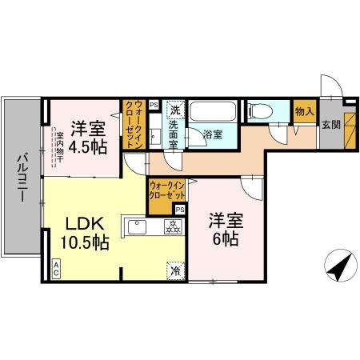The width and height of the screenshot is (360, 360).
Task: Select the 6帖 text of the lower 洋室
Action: [x=223, y=238]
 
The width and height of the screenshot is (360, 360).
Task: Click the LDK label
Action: [x=82, y=224]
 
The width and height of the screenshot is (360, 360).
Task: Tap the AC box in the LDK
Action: [x=58, y=269]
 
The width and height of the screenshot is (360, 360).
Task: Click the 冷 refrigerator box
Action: [x=175, y=270]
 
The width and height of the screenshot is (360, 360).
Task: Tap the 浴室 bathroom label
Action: [x=212, y=134]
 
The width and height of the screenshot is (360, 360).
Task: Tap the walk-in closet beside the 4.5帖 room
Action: [x=133, y=122]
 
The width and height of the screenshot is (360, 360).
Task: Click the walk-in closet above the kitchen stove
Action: [x=166, y=194]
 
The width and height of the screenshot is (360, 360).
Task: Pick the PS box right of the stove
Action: [x=180, y=210]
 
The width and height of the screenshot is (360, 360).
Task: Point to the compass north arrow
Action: [x=337, y=263]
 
